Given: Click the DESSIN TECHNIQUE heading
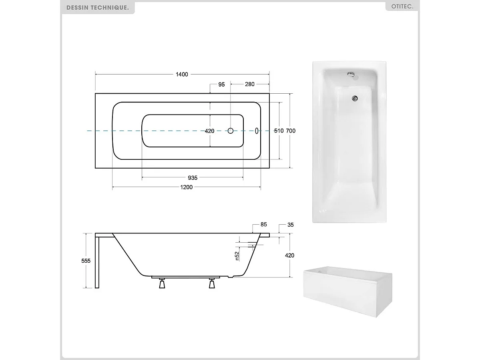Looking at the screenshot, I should coord(97,7).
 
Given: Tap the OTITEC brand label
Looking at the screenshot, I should coord(402,7).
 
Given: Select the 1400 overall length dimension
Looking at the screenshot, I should coord(181,74).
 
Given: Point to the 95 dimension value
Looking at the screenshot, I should coord(221,84).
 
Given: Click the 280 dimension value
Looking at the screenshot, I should coord(249,84).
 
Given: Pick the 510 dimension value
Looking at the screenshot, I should coord(279,131).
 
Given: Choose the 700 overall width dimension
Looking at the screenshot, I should coord(291,131).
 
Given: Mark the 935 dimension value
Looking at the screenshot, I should coord(192,178).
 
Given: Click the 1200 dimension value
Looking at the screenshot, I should coord(187,187).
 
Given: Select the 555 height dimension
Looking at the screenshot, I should coord(86,261).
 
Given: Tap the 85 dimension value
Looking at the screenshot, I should coord(263,225).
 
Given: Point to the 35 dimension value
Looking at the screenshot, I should coord(290,225).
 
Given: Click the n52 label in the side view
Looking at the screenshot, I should coord(237,256).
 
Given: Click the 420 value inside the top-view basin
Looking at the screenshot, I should coord(209,131).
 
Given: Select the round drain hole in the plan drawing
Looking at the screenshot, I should coord(231,131).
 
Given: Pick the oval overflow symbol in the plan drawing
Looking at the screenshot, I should coord(257,131).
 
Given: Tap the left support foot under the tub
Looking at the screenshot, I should coord(162,284).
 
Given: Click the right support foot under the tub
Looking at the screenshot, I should coord(212,284).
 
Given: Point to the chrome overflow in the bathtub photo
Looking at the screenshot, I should coord(351,74).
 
